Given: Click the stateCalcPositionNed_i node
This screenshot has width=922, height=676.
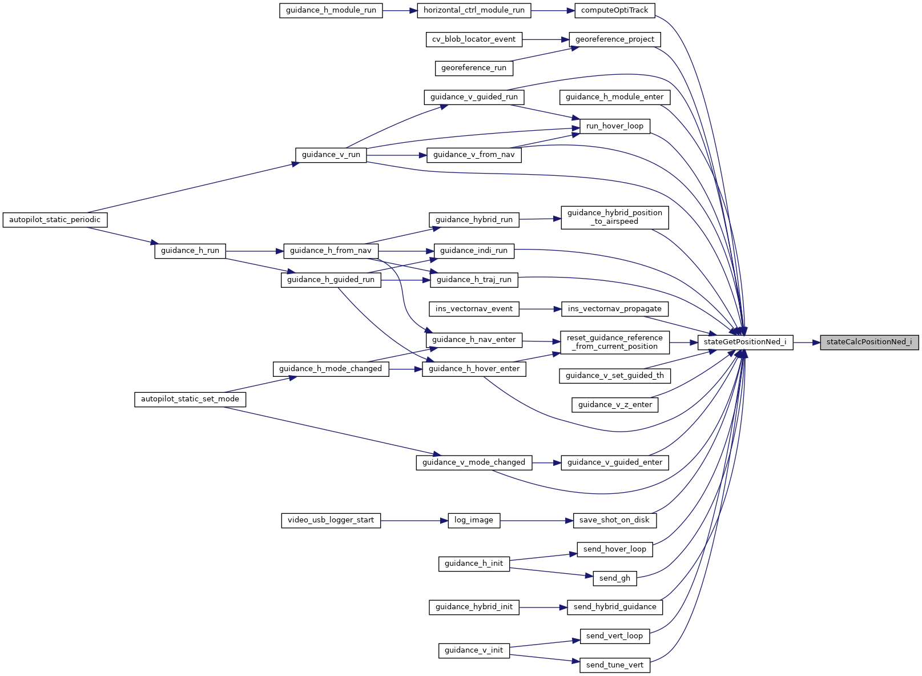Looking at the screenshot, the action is pos(869,343).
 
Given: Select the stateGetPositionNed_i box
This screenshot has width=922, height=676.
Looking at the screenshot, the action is pos(745,343).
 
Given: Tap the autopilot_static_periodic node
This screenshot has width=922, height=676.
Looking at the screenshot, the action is pos(55,220).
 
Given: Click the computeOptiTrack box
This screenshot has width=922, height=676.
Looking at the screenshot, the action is pos(614,10).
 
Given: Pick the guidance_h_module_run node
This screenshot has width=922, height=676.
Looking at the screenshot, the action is pos(331,10).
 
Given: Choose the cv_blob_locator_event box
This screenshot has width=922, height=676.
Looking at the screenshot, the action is pos(474,39).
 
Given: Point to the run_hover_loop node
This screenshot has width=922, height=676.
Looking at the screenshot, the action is pos(614,126).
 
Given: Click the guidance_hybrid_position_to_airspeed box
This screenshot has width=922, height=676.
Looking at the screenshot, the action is pos(614,218).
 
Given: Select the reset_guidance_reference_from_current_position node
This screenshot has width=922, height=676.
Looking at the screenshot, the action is pos(614,343).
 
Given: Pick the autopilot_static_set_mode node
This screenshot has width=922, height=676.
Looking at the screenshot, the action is pos(190,399).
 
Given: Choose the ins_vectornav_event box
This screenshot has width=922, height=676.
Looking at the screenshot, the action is pos(474,309).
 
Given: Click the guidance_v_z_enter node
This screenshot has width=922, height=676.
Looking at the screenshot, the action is pos(614,405).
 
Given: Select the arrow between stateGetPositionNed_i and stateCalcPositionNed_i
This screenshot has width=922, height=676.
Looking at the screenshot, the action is pos(807,343).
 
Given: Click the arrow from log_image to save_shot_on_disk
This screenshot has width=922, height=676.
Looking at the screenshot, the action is pos(537,521).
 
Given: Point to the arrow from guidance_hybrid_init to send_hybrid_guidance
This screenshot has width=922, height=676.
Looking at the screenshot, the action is pos(543,607).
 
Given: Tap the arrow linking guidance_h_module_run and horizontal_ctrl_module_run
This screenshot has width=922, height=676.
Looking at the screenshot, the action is pos(400,10).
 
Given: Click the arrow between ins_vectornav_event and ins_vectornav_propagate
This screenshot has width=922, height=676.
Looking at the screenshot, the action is pos(541,309).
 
